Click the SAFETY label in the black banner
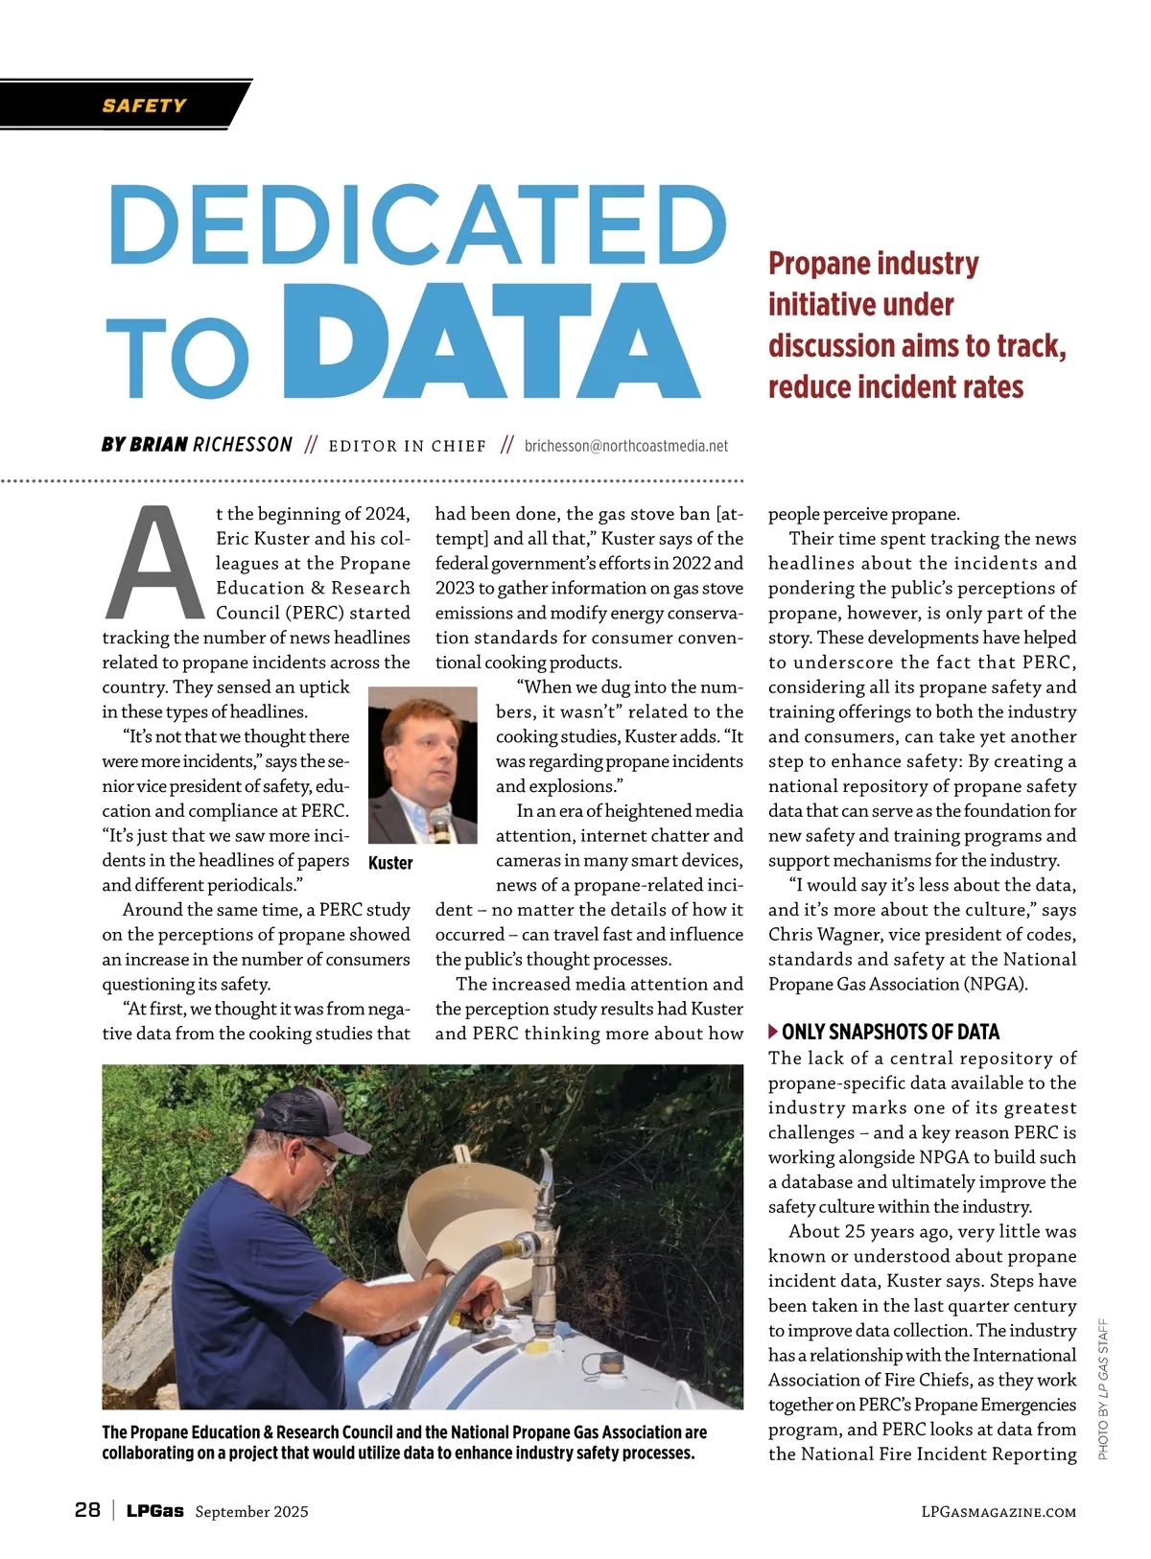click(144, 105)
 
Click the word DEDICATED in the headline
click(417, 226)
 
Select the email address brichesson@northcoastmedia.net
click(625, 446)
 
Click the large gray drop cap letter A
click(154, 564)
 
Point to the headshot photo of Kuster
click(422, 764)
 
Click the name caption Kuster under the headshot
click(390, 863)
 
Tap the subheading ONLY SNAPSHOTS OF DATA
click(890, 1032)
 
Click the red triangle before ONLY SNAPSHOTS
click(773, 1032)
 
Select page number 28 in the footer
click(87, 1510)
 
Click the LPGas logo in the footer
click(154, 1511)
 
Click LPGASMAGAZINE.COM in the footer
click(998, 1512)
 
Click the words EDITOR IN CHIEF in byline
click(407, 446)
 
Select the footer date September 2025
click(251, 1512)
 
